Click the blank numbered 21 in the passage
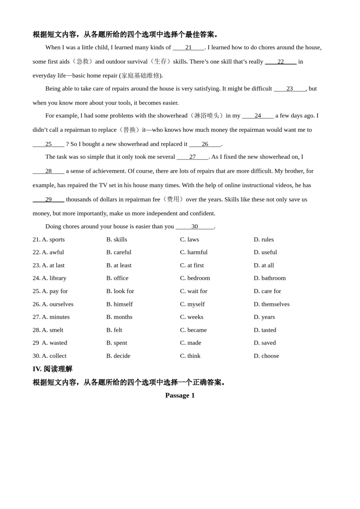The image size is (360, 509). click(x=188, y=47)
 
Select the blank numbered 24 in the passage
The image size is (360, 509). click(x=258, y=116)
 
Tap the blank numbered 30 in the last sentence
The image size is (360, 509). click(x=195, y=226)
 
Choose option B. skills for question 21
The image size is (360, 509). click(x=117, y=239)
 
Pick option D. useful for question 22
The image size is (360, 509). click(x=265, y=252)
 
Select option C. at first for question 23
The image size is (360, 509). click(x=192, y=265)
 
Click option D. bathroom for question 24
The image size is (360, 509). click(x=269, y=278)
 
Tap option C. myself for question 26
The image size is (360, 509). click(x=192, y=304)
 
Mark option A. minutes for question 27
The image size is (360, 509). click(x=56, y=317)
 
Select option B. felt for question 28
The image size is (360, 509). click(x=114, y=330)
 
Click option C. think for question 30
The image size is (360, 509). click(x=190, y=356)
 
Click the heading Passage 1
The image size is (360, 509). click(x=180, y=395)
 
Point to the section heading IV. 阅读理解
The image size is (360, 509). click(x=52, y=369)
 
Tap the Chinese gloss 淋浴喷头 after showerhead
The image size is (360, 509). click(x=207, y=116)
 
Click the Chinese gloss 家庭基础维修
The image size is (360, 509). click(x=140, y=75)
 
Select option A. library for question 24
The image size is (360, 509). click(x=54, y=278)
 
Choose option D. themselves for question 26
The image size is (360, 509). click(x=271, y=304)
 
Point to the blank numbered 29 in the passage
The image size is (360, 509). click(x=49, y=200)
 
